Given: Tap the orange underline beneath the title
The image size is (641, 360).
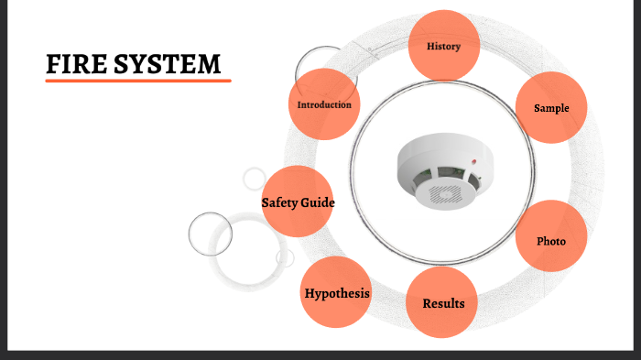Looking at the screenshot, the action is pyautogui.click(x=137, y=81).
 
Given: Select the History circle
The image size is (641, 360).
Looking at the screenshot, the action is pyautogui.click(x=444, y=46).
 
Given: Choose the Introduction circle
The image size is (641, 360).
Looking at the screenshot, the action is pyautogui.click(x=324, y=104).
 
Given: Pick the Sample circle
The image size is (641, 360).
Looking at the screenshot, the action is pyautogui.click(x=551, y=108).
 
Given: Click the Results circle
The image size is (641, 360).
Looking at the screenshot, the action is pyautogui.click(x=443, y=301).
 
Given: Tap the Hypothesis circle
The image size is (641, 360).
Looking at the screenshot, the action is pyautogui.click(x=337, y=293).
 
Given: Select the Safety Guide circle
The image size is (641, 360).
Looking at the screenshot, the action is pyautogui.click(x=298, y=202).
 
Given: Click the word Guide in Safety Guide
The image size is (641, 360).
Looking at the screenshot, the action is pyautogui.click(x=315, y=202).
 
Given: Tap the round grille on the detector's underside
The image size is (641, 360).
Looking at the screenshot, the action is pyautogui.click(x=446, y=193).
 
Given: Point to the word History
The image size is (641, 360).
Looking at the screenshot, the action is pyautogui.click(x=444, y=46).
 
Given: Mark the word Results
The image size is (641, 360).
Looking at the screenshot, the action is pyautogui.click(x=443, y=303).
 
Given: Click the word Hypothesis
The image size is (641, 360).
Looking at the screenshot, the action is pyautogui.click(x=337, y=293).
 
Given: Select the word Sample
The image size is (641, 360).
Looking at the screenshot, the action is pyautogui.click(x=551, y=108).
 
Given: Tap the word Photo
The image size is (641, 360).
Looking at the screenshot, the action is pyautogui.click(x=551, y=242).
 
